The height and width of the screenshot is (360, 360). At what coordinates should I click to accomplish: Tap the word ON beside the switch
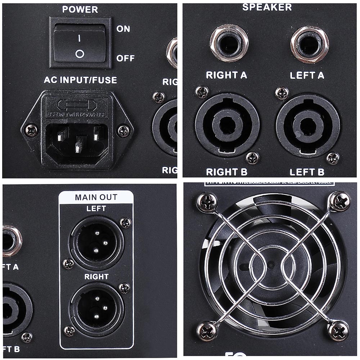123,29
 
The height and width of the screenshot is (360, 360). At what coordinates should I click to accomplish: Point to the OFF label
125,58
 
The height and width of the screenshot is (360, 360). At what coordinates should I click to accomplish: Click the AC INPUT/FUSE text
80,80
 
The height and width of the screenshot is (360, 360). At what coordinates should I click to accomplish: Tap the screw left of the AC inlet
31,130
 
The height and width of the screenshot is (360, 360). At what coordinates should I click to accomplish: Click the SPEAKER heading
267,7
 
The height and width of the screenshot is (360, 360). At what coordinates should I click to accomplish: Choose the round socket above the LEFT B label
308,125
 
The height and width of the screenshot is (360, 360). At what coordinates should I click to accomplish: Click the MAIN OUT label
96,197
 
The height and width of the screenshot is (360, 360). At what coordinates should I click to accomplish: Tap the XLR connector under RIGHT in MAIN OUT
96,307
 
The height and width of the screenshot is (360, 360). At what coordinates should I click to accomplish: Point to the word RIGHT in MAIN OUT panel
96,277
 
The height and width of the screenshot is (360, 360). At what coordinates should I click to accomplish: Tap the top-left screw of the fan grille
207,203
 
